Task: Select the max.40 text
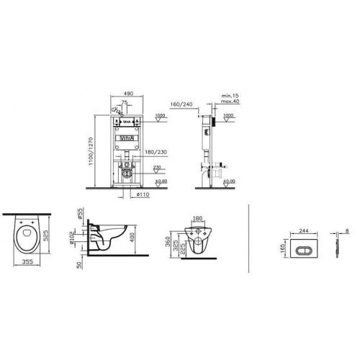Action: click(x=230, y=102)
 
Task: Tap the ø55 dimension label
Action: click(x=79, y=215)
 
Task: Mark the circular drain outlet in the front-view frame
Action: click(x=127, y=171)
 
